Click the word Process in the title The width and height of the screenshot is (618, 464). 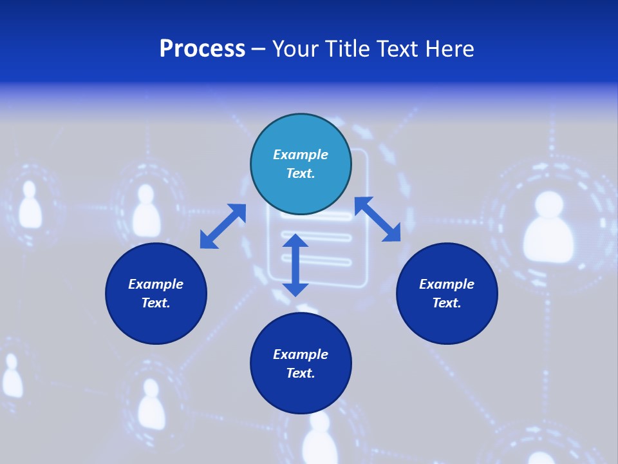pyautogui.click(x=202, y=49)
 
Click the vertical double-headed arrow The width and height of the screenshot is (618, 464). pyautogui.click(x=295, y=265)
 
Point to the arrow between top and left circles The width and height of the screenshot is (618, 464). pyautogui.click(x=223, y=226)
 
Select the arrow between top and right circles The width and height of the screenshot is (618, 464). pyautogui.click(x=378, y=219)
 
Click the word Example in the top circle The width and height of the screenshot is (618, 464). pyautogui.click(x=301, y=155)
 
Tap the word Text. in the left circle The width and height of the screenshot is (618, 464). pyautogui.click(x=156, y=303)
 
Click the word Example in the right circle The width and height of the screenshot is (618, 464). pyautogui.click(x=447, y=284)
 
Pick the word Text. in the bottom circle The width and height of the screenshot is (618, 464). pyautogui.click(x=301, y=373)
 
